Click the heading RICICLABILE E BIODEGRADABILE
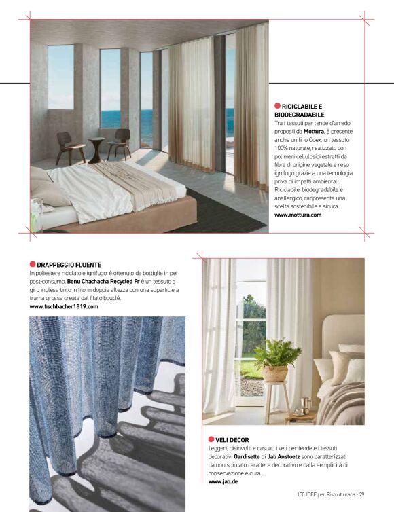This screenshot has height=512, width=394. [302, 111]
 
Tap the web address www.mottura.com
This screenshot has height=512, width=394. [298, 215]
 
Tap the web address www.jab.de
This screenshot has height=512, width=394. [222, 481]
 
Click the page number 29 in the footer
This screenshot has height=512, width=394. [362, 494]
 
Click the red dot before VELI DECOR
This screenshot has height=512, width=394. [211, 440]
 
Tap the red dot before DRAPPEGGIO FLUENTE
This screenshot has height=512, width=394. [33, 264]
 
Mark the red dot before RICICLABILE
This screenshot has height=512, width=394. [277, 106]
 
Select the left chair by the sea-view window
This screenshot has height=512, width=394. [71, 145]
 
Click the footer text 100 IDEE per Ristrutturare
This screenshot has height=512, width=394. [323, 494]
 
